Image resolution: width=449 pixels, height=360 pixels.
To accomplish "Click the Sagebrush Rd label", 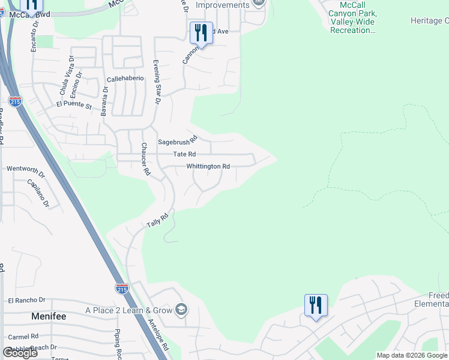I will pos(177,142).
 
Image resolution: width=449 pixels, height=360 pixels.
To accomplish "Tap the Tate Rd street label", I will pos(184,154).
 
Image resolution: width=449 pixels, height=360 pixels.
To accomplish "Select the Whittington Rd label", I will pos(208,166).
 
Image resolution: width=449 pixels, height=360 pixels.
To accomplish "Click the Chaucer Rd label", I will pos(145,158).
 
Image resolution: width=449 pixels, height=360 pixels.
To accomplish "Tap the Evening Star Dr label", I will pos(157,82).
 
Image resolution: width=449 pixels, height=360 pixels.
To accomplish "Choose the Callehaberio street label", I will pos(125,79).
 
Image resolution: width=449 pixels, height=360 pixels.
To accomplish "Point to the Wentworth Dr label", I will pos(26,169).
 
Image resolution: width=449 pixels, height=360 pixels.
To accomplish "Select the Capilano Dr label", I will pos(38,193).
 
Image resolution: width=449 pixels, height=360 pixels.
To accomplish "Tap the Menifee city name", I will pos(50,316).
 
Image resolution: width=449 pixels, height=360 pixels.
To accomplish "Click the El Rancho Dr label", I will pos(26,299).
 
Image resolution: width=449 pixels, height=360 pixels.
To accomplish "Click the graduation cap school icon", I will pos(181,310).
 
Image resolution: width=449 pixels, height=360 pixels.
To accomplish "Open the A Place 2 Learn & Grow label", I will pos(128,310).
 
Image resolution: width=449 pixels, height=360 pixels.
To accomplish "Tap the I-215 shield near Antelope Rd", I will pos(122,288).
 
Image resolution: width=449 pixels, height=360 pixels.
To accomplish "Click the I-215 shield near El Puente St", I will pos(15,101).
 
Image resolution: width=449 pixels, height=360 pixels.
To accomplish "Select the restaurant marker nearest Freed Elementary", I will pos(316,306).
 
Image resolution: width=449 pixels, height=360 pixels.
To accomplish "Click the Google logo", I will pos(20,352).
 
